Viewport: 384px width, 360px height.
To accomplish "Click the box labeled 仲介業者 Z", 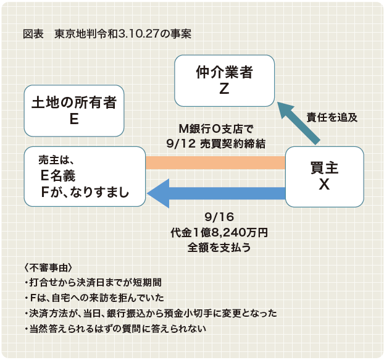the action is click(x=224, y=81).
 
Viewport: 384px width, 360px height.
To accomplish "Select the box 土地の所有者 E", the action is click(x=74, y=111).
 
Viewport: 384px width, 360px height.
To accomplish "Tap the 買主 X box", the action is click(x=325, y=177).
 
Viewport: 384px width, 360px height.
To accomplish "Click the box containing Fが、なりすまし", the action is click(x=85, y=177).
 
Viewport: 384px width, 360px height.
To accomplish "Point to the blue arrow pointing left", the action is click(x=216, y=193).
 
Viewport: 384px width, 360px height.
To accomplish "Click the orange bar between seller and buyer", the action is click(x=215, y=163).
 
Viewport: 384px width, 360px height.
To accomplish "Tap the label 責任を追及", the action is click(x=332, y=117).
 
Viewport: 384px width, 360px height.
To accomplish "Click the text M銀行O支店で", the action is click(x=215, y=129).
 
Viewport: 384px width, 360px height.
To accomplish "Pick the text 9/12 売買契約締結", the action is click(x=215, y=144).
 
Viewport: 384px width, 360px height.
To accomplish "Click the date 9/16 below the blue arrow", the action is click(x=219, y=217).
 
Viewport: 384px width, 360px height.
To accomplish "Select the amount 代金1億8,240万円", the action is click(x=219, y=232).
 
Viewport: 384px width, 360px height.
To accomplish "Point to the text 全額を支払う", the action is click(x=219, y=248).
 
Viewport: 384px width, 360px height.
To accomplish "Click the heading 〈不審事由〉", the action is click(x=48, y=267).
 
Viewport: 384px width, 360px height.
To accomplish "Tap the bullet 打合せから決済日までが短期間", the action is click(x=93, y=283).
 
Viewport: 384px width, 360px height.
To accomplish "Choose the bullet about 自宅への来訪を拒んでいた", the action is click(x=94, y=298).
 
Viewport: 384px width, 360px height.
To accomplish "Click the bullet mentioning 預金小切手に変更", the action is click(x=151, y=314).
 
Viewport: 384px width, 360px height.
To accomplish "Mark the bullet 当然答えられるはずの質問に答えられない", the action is click(x=115, y=329).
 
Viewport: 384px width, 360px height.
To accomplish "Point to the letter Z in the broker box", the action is click(x=224, y=89).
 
